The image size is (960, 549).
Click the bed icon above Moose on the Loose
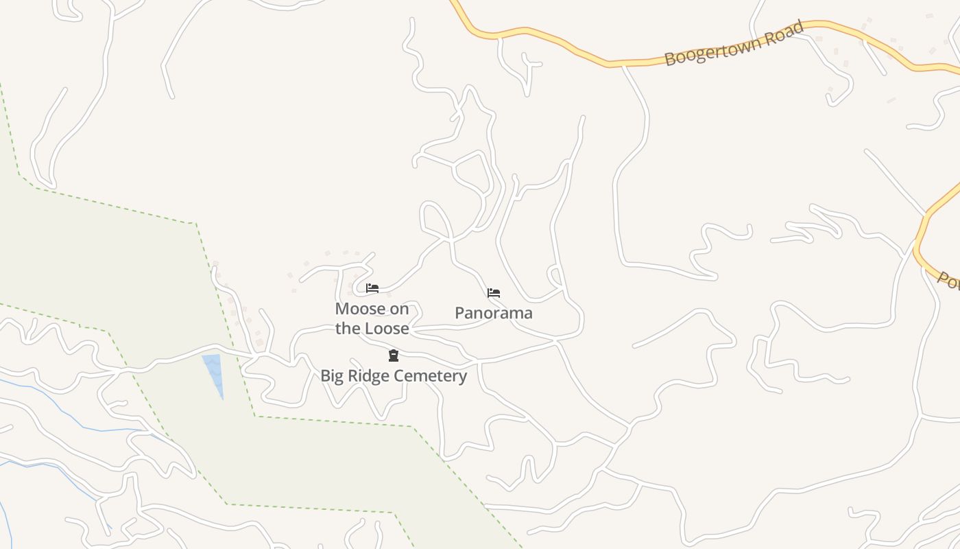click(372, 288)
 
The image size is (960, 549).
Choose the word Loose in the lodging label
click(388, 329)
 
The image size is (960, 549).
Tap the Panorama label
click(494, 314)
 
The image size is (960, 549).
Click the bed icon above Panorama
click(494, 293)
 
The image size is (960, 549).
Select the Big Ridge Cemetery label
click(394, 376)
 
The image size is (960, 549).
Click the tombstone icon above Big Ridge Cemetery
click(394, 355)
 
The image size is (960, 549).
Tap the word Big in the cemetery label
click(332, 376)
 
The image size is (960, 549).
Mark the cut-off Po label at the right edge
click(949, 281)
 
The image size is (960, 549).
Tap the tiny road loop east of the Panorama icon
click(555, 276)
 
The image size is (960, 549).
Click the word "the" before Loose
click(348, 329)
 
